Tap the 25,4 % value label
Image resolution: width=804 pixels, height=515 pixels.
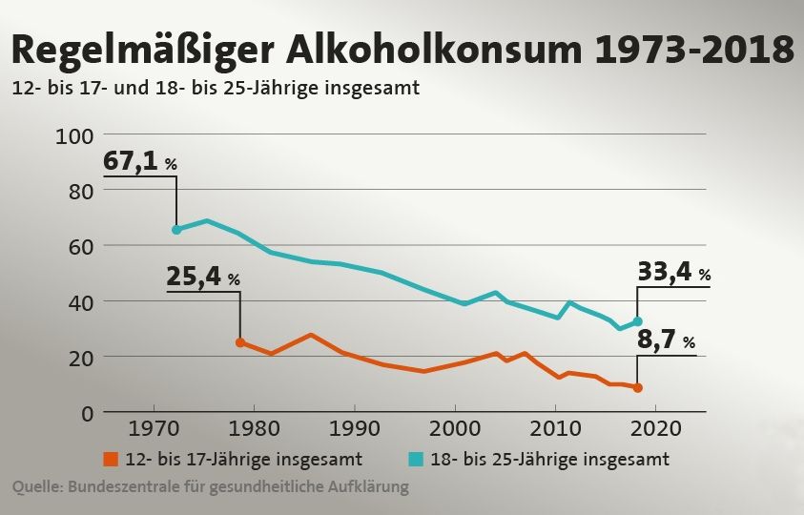(x=202, y=277)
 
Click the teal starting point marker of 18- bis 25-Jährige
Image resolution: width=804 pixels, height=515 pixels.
(x=176, y=230)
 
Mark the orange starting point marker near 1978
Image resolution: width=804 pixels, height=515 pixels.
(x=240, y=342)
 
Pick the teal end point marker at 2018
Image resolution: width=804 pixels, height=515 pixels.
(x=638, y=321)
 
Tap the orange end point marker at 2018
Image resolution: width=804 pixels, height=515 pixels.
(x=638, y=388)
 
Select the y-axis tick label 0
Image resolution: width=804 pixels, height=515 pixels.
(x=84, y=413)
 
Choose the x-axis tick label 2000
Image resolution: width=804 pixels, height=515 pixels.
(x=455, y=426)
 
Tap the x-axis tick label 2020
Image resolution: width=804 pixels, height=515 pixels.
(x=656, y=426)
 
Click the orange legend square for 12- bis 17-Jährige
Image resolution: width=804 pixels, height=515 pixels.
(x=112, y=459)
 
